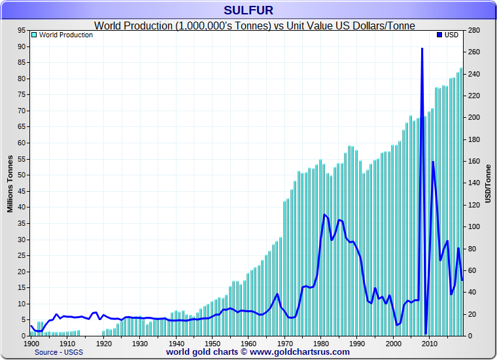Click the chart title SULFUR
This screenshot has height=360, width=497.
(x=248, y=10)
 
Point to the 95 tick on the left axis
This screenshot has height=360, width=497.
(x=21, y=30)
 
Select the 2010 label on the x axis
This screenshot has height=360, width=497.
(x=429, y=342)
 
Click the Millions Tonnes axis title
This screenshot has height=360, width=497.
(x=10, y=183)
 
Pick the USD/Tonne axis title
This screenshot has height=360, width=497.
(x=488, y=183)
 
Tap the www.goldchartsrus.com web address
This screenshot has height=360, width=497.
(x=300, y=352)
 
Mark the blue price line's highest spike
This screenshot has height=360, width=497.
(x=422, y=49)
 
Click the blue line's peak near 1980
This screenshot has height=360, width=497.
(x=325, y=215)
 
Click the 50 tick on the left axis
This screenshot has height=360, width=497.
(x=21, y=175)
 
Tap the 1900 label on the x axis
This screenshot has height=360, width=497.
(x=31, y=342)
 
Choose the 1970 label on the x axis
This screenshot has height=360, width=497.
(x=284, y=342)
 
